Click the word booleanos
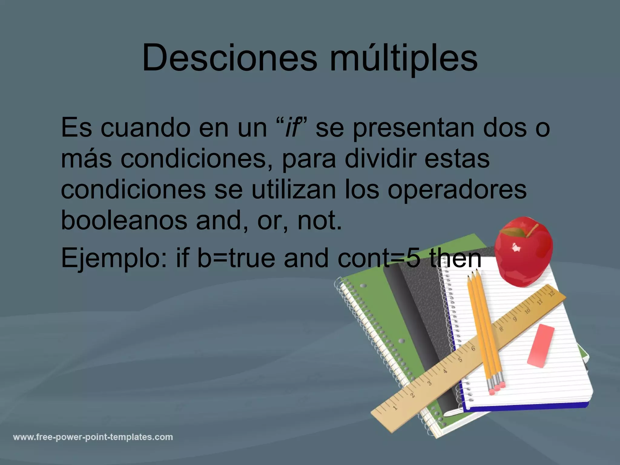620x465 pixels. tap(124, 220)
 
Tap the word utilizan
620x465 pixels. tap(294, 190)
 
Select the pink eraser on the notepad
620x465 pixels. tap(541, 345)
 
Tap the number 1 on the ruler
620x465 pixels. tap(395, 408)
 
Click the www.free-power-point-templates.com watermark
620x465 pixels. tap(93, 437)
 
